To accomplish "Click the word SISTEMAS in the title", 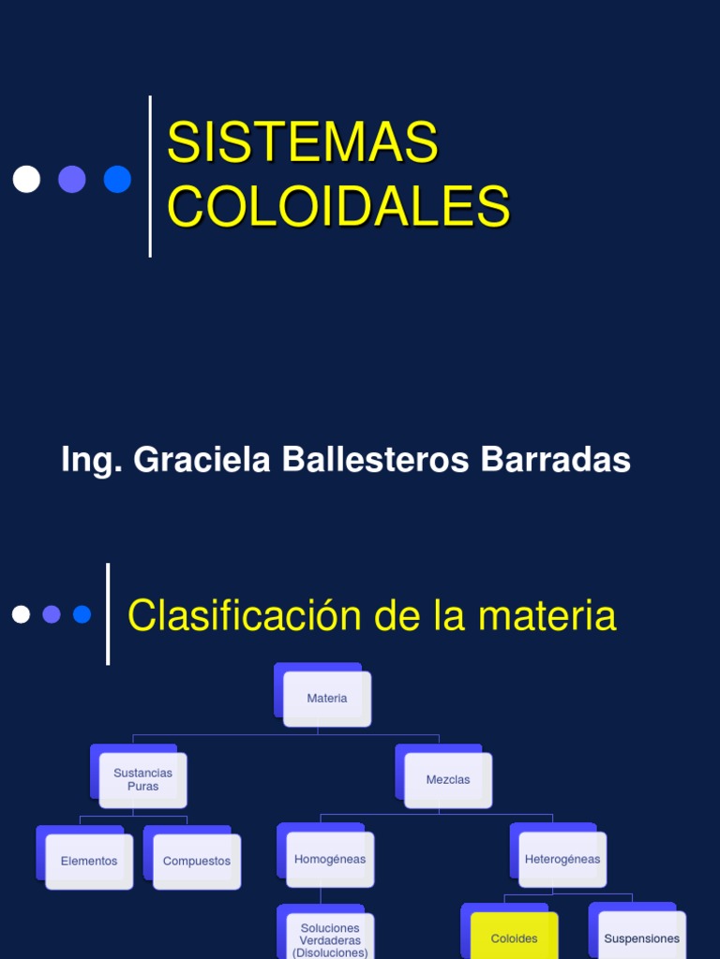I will (x=302, y=142).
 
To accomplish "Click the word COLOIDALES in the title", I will (x=337, y=206).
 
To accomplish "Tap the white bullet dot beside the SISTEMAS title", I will (x=26, y=179).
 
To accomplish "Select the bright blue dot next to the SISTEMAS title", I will (x=117, y=179).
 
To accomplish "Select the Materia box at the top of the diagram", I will (x=326, y=699).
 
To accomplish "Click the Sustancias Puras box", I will (x=142, y=780).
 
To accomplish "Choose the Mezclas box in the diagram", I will (x=447, y=780).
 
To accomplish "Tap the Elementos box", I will (x=89, y=862).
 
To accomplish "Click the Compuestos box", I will (x=196, y=862).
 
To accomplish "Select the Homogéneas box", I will (x=330, y=860).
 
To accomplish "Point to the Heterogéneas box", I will (x=562, y=860).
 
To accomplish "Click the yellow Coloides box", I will (x=514, y=937).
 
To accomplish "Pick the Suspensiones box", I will (x=641, y=937).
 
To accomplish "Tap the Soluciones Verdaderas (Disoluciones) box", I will (x=330, y=939).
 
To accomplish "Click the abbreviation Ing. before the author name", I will (x=92, y=460).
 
